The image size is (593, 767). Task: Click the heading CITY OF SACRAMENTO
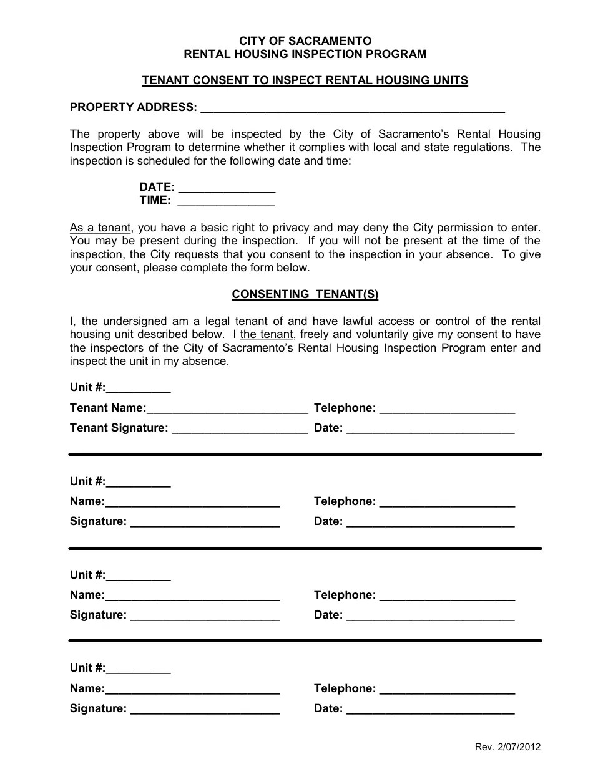305,41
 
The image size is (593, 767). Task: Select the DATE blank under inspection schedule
227,190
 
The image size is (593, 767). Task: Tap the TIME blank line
227,203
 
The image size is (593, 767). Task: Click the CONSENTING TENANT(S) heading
305,294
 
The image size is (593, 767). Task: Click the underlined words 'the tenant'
267,334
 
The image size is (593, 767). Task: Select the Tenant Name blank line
227,410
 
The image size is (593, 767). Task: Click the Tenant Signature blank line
239,430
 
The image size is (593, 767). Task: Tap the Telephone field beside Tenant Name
447,410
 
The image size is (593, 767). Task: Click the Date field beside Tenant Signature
430,430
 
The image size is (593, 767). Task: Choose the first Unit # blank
138,390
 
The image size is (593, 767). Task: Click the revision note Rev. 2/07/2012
507,747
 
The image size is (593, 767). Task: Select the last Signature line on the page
205,711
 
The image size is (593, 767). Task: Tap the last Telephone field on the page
447,691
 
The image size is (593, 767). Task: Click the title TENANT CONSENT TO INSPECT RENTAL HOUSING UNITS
305,80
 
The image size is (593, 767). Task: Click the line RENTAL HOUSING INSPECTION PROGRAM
305,54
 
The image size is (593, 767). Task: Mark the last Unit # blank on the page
138,671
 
